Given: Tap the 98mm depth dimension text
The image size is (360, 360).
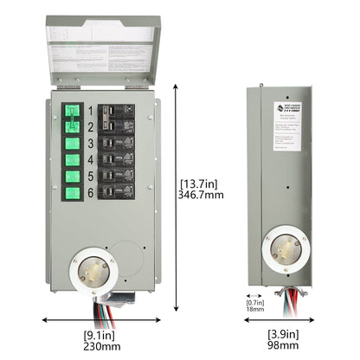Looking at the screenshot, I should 284,344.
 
